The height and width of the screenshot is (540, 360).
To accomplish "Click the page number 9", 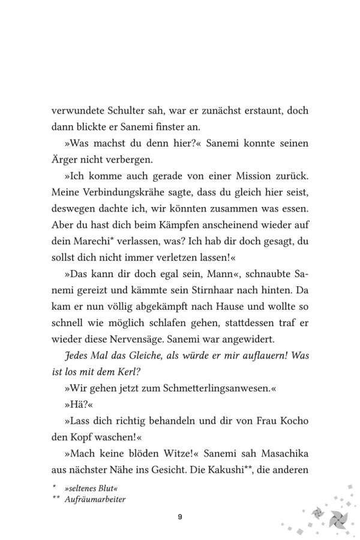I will pos(180,517).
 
